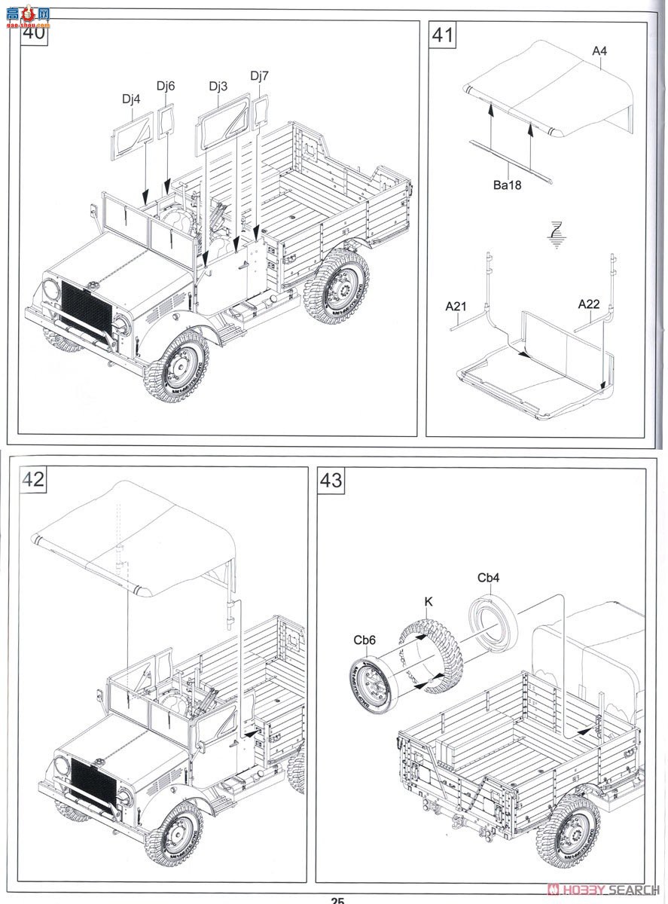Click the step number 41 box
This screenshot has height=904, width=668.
coord(442,35)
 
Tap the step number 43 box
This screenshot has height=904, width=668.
coord(331,480)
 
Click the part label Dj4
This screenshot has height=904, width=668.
coord(131,99)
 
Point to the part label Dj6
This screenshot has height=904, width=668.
coord(166,86)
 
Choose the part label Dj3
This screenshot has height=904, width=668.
coord(218,86)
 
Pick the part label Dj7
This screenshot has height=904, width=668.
coord(259,75)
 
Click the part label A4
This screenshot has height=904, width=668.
coord(599,51)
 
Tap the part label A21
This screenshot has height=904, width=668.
coord(456,306)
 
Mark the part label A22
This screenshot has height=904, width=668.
coord(588,304)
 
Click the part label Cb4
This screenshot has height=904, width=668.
coord(488,578)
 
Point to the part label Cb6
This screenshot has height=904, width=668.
coord(365,640)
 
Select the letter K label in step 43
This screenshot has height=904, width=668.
coord(428,601)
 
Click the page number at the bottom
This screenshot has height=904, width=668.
coord(337,899)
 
